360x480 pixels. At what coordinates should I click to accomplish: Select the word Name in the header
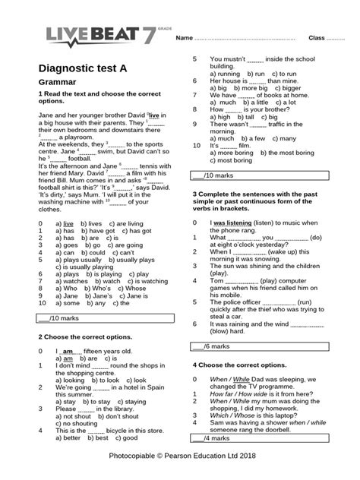(185, 38)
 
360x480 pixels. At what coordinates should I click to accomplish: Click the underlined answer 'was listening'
(232, 222)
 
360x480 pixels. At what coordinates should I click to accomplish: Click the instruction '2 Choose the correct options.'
(84, 335)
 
